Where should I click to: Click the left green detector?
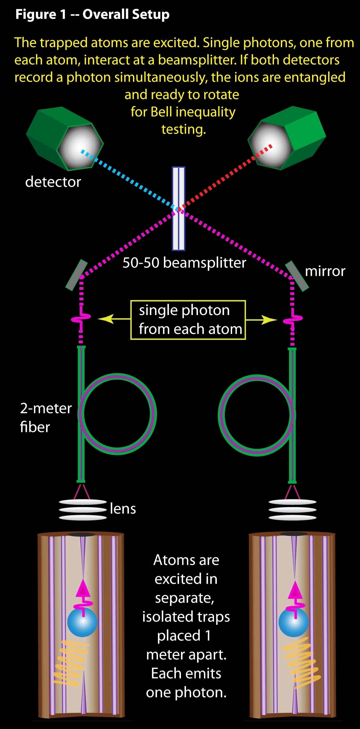coord(65,139)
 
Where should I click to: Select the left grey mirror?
coord(77,275)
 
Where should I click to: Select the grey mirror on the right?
coord(297,276)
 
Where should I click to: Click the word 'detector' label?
coord(53,182)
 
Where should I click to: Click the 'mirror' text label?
coord(325,271)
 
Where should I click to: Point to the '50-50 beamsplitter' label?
coord(184,263)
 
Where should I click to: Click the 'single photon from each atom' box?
coord(188,320)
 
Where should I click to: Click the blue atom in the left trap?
coord(82,622)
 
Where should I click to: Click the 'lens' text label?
coord(123,509)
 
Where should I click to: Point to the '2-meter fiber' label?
coord(45,417)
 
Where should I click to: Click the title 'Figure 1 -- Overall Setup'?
coord(92,14)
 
